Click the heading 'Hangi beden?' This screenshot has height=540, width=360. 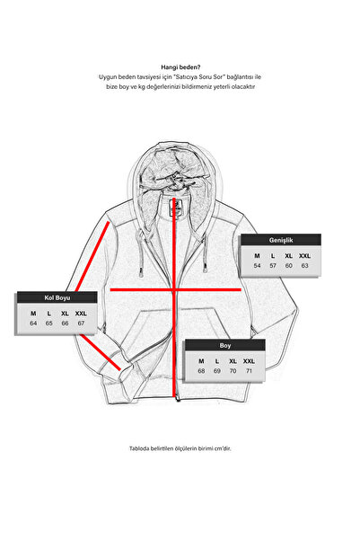(x=180, y=67)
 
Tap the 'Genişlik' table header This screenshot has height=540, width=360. (x=281, y=240)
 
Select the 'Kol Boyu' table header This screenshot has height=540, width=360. (x=57, y=297)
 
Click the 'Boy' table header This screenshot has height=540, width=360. (x=225, y=345)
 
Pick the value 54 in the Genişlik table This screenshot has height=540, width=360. (x=257, y=266)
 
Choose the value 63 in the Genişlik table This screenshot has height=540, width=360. (x=304, y=266)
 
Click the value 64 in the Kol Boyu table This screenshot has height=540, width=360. (x=33, y=323)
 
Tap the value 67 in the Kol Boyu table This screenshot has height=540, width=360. (x=81, y=323)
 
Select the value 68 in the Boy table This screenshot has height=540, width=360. (x=201, y=371)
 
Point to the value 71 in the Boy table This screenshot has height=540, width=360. (x=249, y=371)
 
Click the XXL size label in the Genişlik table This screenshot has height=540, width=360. (x=304, y=256)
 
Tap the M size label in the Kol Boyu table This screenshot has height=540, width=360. (x=33, y=314)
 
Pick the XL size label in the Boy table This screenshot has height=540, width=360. (x=233, y=361)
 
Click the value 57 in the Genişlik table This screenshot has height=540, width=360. (x=273, y=266)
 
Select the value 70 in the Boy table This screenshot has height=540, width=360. (x=233, y=371)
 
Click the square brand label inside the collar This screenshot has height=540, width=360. (x=175, y=208)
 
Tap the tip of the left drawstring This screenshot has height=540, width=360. (x=141, y=276)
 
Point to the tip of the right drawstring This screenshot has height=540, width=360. (x=205, y=270)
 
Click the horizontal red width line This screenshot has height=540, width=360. (x=175, y=289)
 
